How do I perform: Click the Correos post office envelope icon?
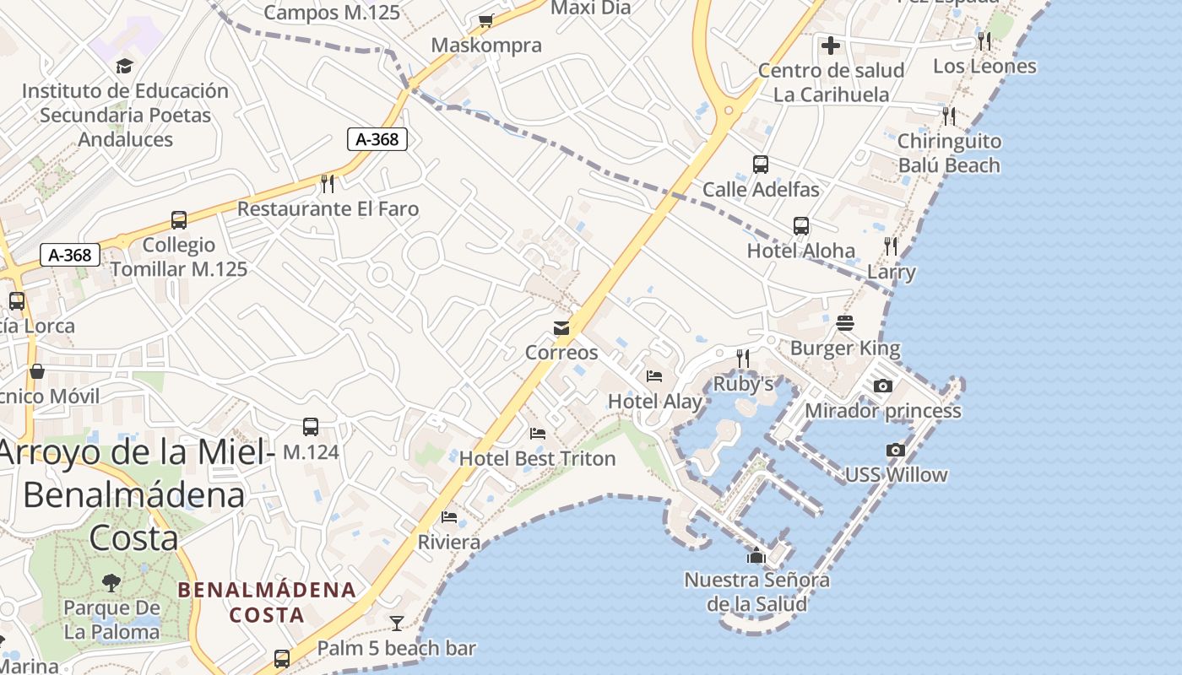click(561, 328)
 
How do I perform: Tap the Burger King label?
click(845, 348)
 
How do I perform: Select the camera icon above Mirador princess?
click(883, 386)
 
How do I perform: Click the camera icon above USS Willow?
click(896, 450)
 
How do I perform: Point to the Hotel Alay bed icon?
click(654, 376)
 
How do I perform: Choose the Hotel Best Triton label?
click(537, 458)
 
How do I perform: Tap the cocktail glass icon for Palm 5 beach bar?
click(397, 624)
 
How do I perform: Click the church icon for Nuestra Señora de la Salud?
click(756, 555)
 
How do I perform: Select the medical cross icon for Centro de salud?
click(831, 45)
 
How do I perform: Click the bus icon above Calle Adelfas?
click(761, 165)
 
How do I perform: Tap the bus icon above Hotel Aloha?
click(801, 226)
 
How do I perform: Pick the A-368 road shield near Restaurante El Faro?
click(377, 139)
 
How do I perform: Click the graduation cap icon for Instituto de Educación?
click(125, 66)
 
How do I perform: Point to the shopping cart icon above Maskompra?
click(485, 20)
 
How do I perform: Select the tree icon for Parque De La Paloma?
click(111, 582)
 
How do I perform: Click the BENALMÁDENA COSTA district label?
click(267, 602)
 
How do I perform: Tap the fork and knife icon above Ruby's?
click(743, 359)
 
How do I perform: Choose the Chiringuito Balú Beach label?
click(949, 153)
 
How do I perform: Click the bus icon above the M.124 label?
click(311, 427)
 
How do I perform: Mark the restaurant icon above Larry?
click(892, 246)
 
